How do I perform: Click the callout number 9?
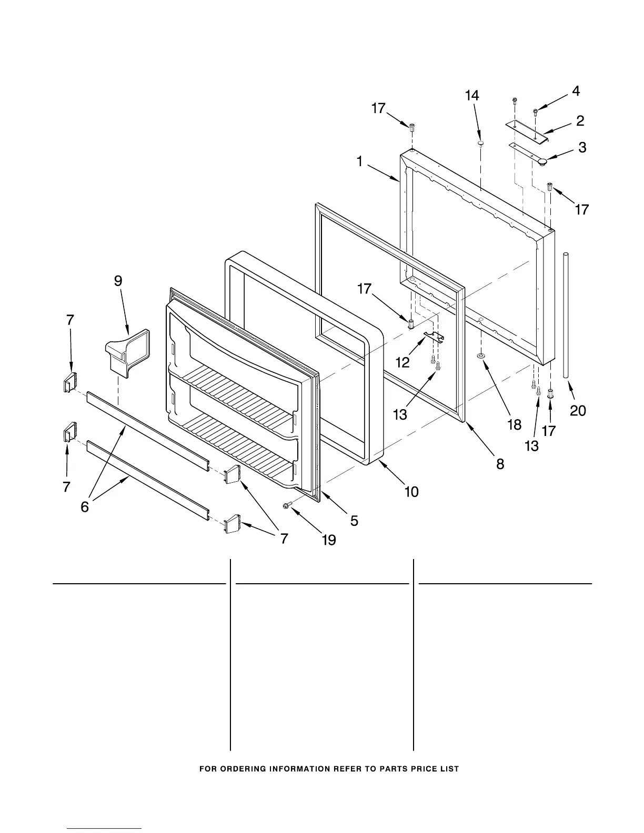pos(118,281)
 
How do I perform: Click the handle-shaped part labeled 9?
pos(125,350)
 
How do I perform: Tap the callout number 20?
pos(578,410)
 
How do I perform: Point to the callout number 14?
pos(472,96)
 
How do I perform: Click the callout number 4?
pos(576,91)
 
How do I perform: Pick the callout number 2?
pos(580,121)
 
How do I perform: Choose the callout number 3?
pos(582,148)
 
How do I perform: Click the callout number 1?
pos(360,161)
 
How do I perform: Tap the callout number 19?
pos(329,540)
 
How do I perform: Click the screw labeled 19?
pos(287,505)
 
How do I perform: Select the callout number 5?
pos(354,521)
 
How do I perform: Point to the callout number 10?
pos(411,492)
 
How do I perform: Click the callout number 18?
pos(514,425)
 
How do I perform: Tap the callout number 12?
pos(402,362)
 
